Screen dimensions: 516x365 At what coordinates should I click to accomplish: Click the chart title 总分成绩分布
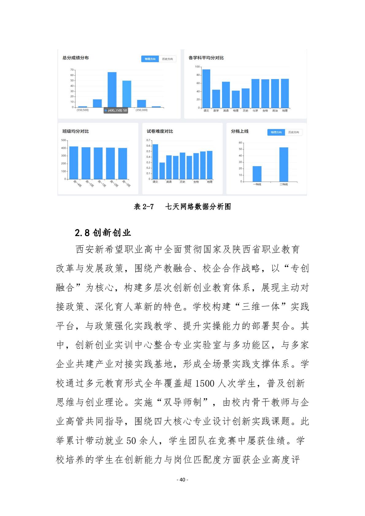point(75,58)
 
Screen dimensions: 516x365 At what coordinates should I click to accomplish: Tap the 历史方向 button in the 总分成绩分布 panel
point(167,59)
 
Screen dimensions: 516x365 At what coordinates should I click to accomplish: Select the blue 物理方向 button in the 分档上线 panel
point(276,132)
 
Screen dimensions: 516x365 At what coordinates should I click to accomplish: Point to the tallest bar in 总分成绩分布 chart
point(112,90)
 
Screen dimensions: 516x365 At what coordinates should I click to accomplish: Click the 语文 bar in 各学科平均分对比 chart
point(206,89)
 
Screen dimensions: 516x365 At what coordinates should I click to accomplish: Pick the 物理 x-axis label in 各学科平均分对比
point(236,111)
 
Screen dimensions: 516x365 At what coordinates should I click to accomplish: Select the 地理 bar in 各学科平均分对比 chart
point(285,93)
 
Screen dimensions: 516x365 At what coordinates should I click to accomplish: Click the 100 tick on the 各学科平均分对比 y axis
point(197,67)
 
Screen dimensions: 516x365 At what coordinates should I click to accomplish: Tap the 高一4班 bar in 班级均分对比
point(74,162)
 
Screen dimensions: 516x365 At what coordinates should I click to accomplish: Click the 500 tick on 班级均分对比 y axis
point(63,140)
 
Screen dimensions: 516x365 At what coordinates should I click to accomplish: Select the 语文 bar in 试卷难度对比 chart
point(156,162)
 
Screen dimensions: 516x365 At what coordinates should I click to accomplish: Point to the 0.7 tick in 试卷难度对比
point(148,140)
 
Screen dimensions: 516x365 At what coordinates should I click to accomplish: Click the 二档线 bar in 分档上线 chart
point(284,164)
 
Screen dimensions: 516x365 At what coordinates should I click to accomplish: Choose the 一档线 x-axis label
point(257,184)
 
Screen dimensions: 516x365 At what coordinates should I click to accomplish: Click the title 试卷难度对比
point(160,131)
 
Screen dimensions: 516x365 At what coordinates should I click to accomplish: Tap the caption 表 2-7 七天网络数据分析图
point(182,207)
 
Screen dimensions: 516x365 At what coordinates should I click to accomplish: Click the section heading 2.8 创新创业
point(103,233)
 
